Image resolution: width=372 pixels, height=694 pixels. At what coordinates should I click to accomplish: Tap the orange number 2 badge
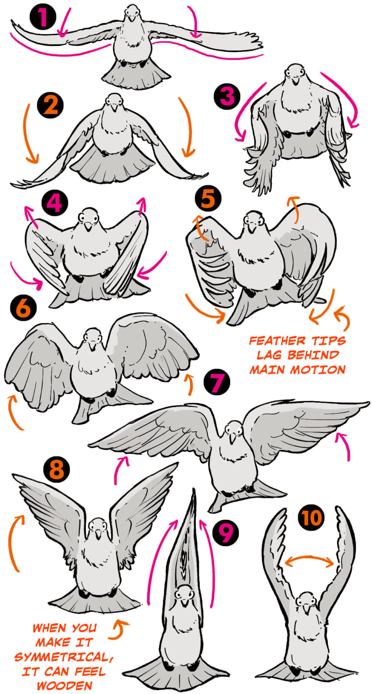pos(50,105)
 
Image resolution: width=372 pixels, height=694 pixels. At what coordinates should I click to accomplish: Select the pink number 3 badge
pos(227,96)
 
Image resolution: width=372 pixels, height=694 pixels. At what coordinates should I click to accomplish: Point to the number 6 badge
pos(23,308)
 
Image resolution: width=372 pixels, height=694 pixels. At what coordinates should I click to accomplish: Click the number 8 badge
pos(57,469)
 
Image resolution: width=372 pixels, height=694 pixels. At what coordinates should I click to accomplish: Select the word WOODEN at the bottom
pos(65,685)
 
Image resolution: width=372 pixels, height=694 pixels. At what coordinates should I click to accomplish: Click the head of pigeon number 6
pos(92,338)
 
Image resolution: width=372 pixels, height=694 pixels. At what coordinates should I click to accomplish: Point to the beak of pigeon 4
pos(89,226)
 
